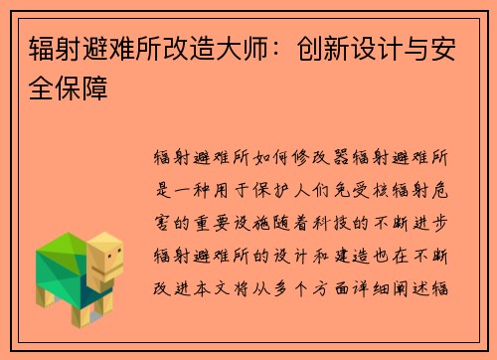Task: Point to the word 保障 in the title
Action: (83, 90)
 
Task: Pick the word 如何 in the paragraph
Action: (278, 157)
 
